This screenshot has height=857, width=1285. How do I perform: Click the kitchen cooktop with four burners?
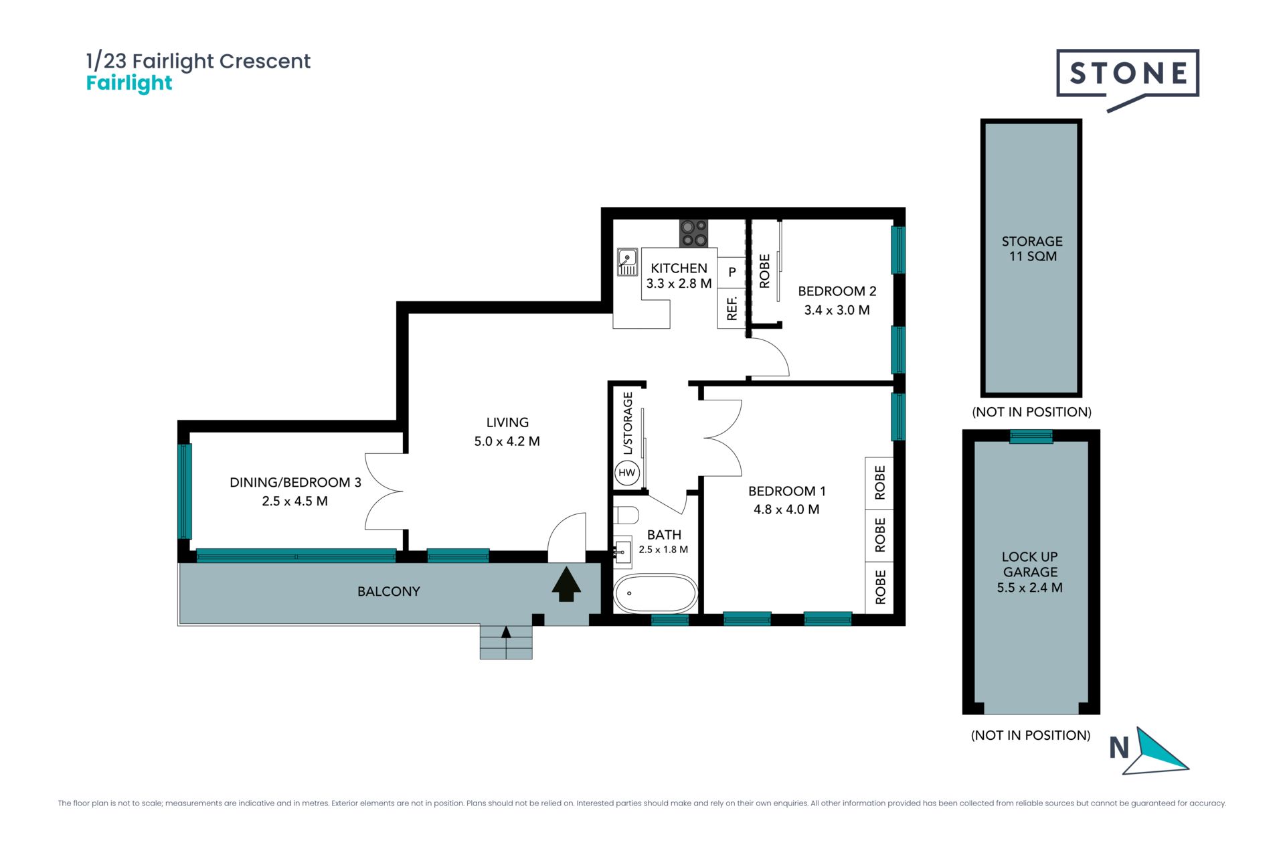[693, 234]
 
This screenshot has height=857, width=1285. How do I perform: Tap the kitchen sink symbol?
[627, 262]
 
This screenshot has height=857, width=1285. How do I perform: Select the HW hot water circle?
[627, 473]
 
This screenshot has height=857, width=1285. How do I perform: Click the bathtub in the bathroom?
[656, 593]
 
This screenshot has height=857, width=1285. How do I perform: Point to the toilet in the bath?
[626, 516]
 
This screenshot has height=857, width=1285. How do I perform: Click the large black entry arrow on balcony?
[566, 585]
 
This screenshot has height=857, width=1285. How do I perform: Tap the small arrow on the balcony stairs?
[506, 632]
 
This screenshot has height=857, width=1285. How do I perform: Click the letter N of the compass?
[1119, 748]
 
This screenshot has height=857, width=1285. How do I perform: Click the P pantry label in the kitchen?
[732, 272]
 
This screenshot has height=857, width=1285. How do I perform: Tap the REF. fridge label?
[732, 309]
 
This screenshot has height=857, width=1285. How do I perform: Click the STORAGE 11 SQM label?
[1032, 248]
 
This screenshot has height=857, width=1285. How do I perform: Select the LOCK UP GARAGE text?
[1030, 564]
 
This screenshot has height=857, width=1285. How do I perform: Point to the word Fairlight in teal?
[129, 84]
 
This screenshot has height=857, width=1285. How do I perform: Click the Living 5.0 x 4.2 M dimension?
[507, 441]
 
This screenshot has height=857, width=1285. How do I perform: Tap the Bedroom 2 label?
[837, 291]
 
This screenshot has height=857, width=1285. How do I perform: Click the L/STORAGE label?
[628, 423]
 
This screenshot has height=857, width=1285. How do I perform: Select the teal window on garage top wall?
[1031, 437]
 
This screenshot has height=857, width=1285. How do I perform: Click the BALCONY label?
[389, 592]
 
